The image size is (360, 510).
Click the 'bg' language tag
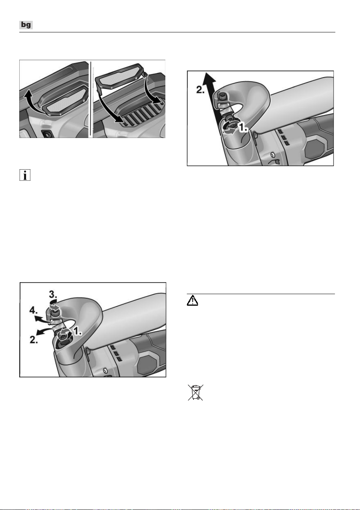coord(26,25)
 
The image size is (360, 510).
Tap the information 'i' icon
coord(25,175)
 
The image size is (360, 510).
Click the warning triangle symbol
coord(192,301)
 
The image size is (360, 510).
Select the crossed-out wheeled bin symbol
coord(195,392)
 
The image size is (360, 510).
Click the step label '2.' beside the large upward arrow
coord(200,90)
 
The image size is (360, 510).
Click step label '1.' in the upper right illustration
coord(243,128)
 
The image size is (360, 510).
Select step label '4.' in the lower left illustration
coord(34,311)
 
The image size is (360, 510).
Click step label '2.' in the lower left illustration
coord(34,340)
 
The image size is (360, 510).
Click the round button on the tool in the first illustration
coord(47,134)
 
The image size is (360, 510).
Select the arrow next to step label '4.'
coord(42,318)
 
